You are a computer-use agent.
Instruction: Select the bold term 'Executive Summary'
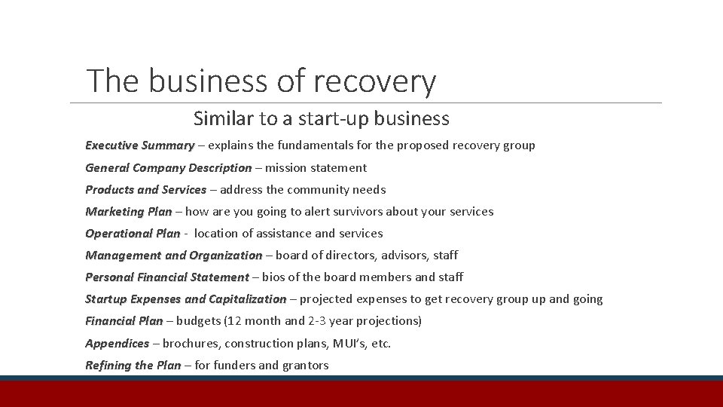point(139,145)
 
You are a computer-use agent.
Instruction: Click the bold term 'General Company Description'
point(168,167)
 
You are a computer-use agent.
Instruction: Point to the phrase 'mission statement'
point(316,167)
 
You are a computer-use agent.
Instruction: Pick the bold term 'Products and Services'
point(145,189)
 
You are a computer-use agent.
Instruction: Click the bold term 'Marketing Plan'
point(128,211)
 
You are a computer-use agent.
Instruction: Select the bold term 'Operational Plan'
point(133,233)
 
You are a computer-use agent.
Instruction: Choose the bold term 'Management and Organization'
point(173,255)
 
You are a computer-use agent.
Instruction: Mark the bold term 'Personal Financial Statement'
point(166,277)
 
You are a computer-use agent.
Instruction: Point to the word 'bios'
point(275,277)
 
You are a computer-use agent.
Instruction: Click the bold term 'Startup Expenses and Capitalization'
point(185,298)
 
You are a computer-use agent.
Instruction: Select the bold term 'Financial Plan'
point(124,320)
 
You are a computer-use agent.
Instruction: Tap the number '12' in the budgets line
point(236,320)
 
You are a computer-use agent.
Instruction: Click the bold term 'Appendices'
point(117,343)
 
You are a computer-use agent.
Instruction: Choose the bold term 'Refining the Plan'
point(133,365)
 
